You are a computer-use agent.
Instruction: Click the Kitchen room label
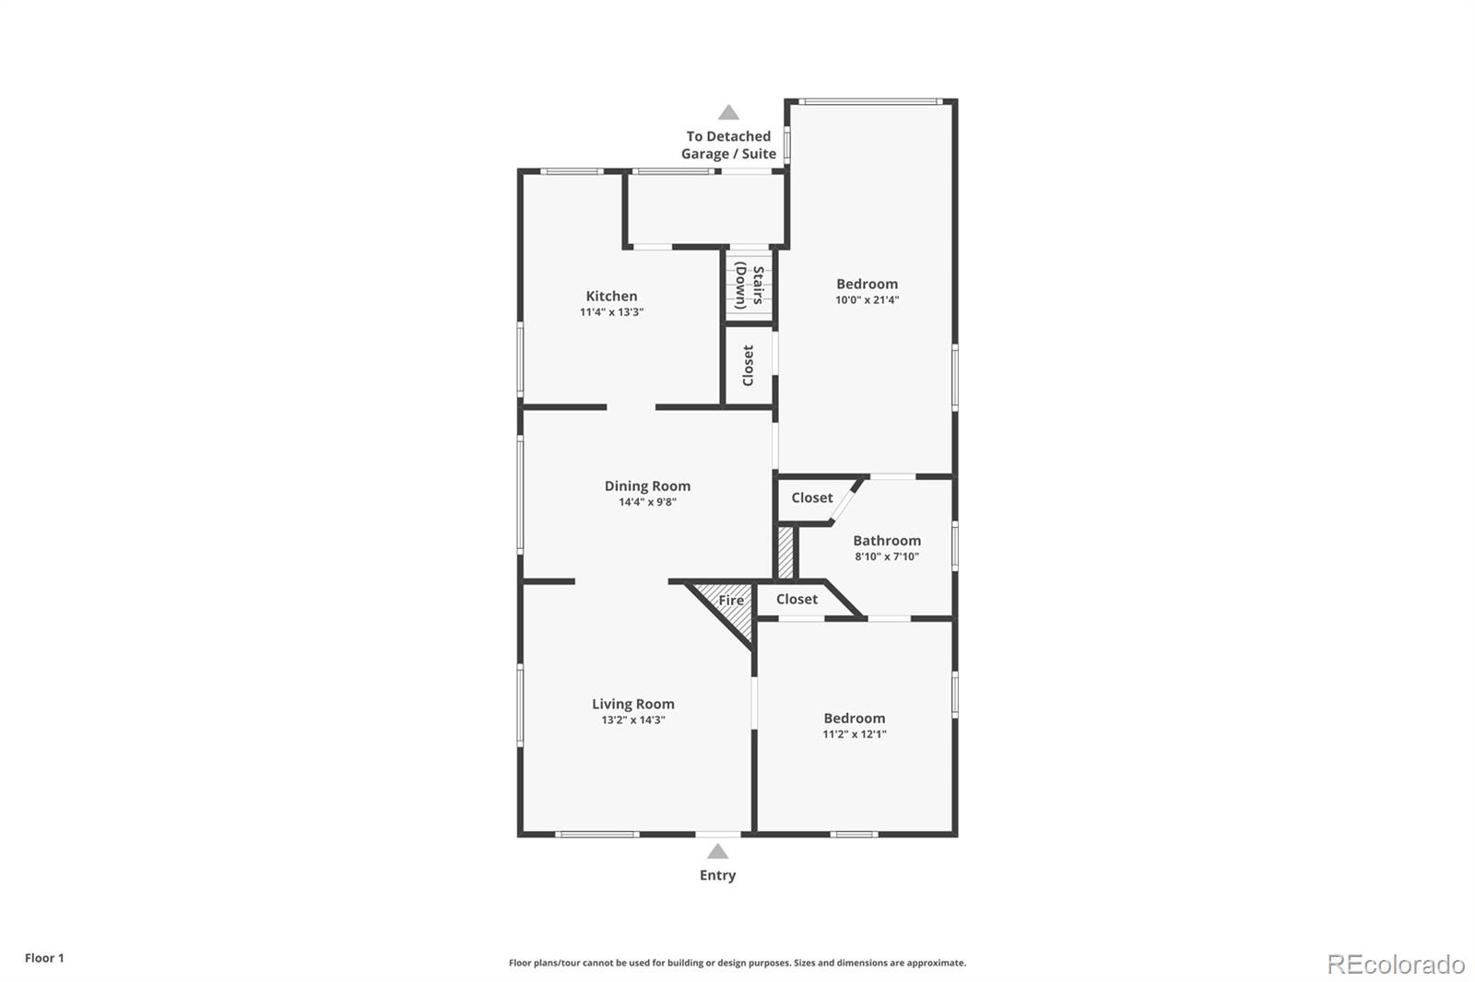click(x=611, y=296)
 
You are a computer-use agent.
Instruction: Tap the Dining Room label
click(x=647, y=485)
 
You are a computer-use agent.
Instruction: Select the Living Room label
click(x=632, y=704)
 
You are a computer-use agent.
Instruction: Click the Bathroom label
click(x=886, y=541)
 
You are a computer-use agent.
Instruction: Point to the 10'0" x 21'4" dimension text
click(x=867, y=299)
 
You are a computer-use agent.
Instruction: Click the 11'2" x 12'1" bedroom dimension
click(x=855, y=734)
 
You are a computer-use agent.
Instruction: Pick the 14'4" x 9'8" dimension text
click(x=647, y=502)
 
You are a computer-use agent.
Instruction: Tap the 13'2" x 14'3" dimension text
click(x=632, y=719)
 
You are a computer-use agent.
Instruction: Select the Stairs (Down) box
click(x=748, y=286)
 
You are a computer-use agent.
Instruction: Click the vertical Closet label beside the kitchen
click(x=748, y=366)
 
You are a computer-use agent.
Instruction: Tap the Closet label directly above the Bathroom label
click(x=811, y=497)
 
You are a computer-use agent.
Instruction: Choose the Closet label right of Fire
click(x=796, y=599)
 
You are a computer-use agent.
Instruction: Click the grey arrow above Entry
click(x=717, y=852)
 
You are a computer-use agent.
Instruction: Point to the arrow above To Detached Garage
click(x=728, y=112)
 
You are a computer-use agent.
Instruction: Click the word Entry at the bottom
click(x=717, y=875)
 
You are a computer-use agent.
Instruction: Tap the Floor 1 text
click(x=44, y=958)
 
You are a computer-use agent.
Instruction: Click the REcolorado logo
click(x=1396, y=964)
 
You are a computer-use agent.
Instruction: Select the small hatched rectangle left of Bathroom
click(x=785, y=552)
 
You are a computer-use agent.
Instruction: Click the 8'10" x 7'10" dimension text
click(x=886, y=556)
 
